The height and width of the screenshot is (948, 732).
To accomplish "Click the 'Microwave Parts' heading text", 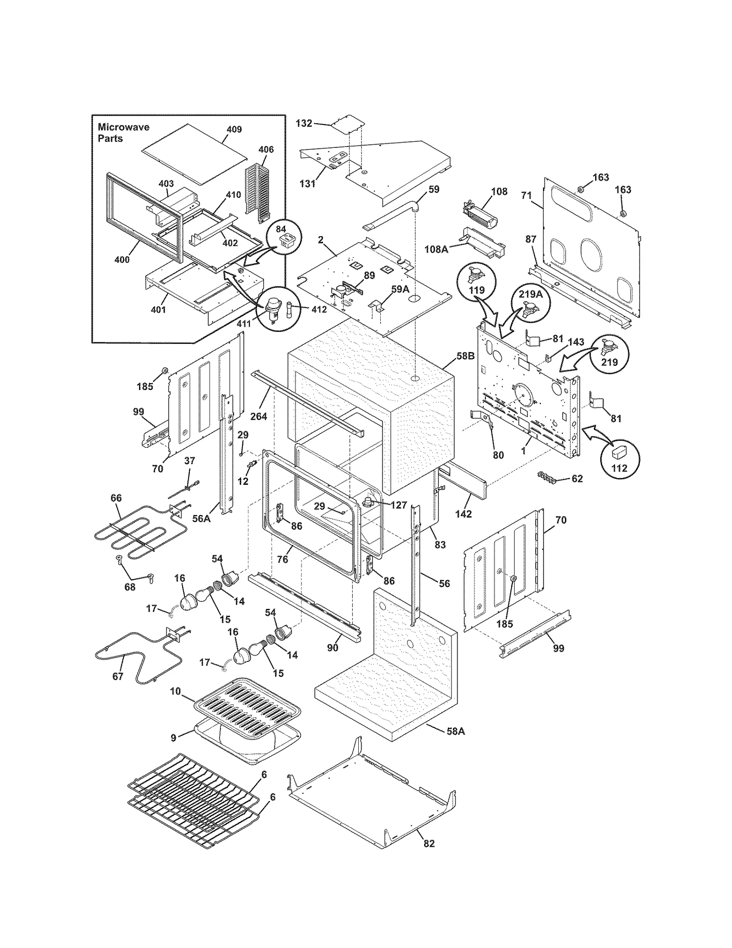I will pos(123,132).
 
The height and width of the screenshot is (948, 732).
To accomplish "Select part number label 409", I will pos(234,129).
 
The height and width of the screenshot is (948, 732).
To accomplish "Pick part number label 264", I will pos(258,416).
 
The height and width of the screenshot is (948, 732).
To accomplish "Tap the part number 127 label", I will pos(398,505).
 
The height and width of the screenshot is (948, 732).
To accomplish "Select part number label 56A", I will pos(201,518).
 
